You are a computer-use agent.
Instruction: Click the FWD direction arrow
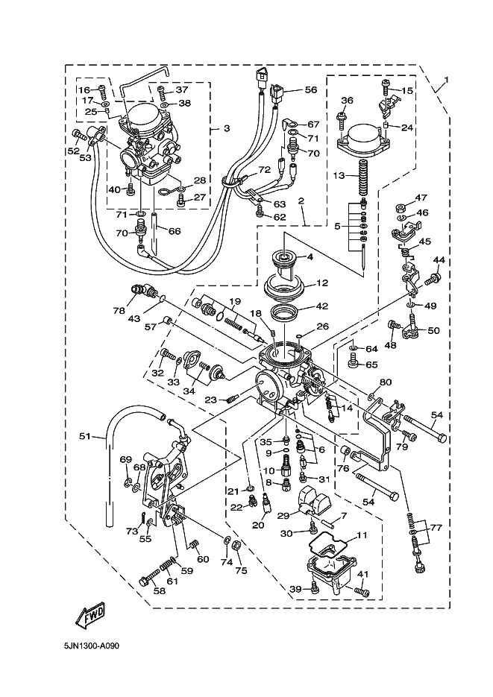[89, 616]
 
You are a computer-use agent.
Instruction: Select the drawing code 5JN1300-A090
[92, 646]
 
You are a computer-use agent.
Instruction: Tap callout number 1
[446, 80]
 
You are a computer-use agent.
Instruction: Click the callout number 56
[310, 89]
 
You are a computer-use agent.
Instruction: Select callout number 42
[322, 306]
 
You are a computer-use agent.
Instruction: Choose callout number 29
[283, 516]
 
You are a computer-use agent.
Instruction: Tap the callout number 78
[118, 310]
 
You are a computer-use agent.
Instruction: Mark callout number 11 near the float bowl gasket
[362, 534]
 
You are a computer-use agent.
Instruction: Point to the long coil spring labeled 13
[364, 180]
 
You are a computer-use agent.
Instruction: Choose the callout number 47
[421, 198]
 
